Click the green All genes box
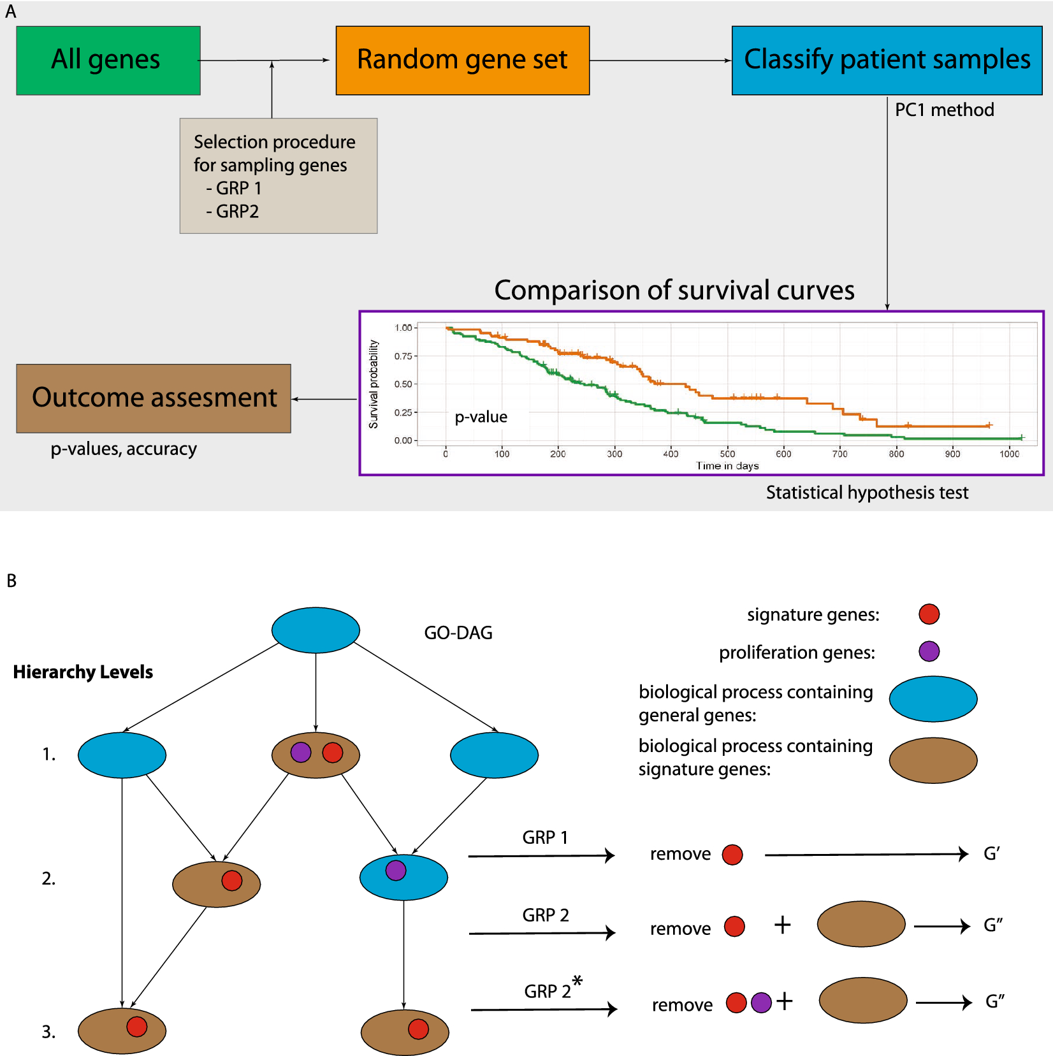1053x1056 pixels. (x=108, y=61)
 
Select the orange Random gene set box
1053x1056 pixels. (x=462, y=61)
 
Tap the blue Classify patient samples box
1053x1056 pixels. (x=887, y=61)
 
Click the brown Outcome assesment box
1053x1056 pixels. (x=154, y=398)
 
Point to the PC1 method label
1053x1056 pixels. (x=944, y=110)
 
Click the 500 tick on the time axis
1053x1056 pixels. (x=727, y=454)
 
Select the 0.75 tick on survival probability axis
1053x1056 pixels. (x=403, y=356)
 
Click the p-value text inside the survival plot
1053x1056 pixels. (x=481, y=417)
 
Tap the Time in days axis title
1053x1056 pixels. (x=727, y=466)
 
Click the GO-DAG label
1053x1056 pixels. (x=458, y=633)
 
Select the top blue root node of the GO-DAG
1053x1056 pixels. (x=316, y=630)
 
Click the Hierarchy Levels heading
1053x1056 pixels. (x=83, y=672)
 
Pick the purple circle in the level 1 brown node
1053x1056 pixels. (x=301, y=752)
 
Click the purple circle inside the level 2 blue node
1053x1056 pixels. (x=396, y=870)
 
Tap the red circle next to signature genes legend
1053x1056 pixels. (x=929, y=614)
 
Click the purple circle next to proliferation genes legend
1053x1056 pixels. (x=929, y=651)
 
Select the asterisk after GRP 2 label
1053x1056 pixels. (x=577, y=981)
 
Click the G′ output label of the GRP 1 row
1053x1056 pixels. (x=992, y=853)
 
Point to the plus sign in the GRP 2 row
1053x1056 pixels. (x=782, y=925)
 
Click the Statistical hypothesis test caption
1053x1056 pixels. (x=867, y=493)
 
